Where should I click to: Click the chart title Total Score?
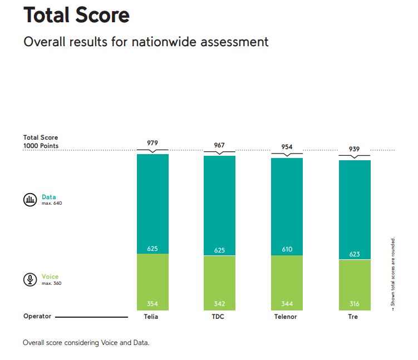[x=76, y=15]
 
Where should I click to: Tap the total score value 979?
[x=153, y=143]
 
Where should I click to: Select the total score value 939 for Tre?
[x=355, y=149]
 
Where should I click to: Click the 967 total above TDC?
[x=219, y=145]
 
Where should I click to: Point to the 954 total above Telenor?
[x=287, y=147]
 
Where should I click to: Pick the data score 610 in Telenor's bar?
[x=287, y=249]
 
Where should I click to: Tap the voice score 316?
[x=355, y=304]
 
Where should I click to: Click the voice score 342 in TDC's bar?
[x=219, y=304]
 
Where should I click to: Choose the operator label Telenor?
[x=287, y=317]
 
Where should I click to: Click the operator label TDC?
[x=219, y=317]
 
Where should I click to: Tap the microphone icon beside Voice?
[x=29, y=279]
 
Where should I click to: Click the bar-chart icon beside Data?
[x=29, y=200]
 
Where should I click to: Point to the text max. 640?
[x=51, y=204]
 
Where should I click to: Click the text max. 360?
[x=51, y=284]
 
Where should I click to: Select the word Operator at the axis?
[x=37, y=316]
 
